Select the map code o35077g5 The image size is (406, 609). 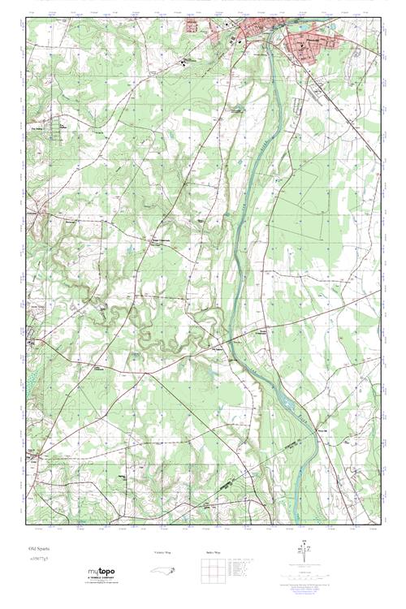click(x=38, y=559)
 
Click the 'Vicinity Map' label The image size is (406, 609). click(x=162, y=551)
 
